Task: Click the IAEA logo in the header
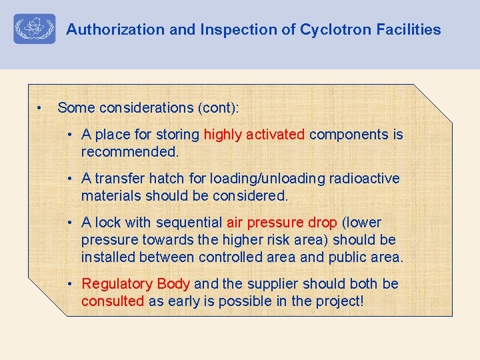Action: (x=35, y=29)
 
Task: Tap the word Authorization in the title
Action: (x=106, y=29)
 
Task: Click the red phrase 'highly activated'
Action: (x=254, y=135)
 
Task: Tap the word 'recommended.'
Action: (x=130, y=152)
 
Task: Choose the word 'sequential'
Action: (x=190, y=223)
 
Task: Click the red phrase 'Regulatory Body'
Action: (x=136, y=284)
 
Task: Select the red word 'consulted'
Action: (x=113, y=301)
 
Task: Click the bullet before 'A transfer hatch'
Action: (x=71, y=179)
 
